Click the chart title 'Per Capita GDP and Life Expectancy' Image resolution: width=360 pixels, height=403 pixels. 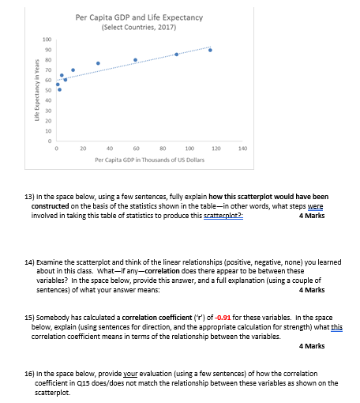(x=140, y=17)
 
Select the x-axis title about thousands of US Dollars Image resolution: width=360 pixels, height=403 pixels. (x=139, y=159)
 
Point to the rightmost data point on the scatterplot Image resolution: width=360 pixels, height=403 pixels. (x=211, y=50)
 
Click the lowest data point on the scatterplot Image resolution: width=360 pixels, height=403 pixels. (x=59, y=89)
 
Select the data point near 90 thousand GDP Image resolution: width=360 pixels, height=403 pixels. (x=176, y=55)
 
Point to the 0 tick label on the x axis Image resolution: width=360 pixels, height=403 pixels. (x=56, y=148)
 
